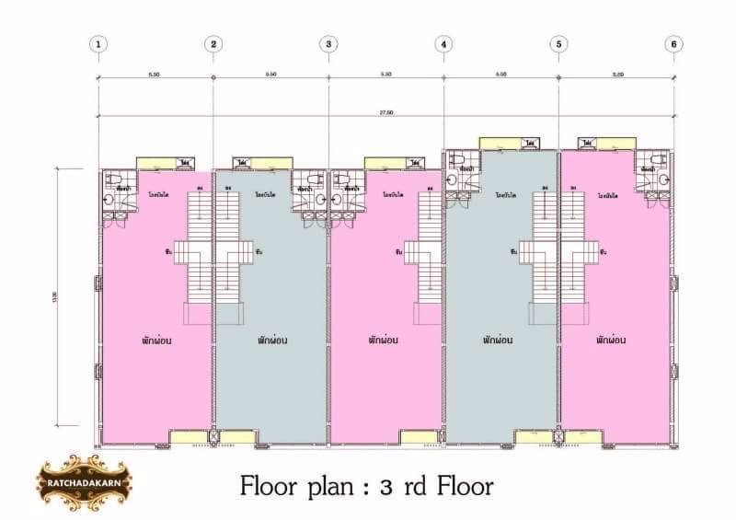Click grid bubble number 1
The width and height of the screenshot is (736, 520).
click(x=98, y=43)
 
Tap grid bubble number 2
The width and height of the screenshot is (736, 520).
click(x=213, y=43)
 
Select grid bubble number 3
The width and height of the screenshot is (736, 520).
click(x=329, y=43)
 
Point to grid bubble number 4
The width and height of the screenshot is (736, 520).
click(x=444, y=43)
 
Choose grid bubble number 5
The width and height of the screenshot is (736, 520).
click(x=559, y=43)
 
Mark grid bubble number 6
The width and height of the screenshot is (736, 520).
click(x=674, y=43)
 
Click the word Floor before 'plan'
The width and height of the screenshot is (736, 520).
click(x=270, y=484)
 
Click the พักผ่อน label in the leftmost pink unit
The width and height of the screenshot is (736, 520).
click(x=157, y=340)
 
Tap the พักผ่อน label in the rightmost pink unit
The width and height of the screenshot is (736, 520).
click(x=611, y=340)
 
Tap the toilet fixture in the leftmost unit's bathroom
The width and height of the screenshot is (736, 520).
click(x=115, y=179)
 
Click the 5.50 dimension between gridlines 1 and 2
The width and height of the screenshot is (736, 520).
click(x=155, y=74)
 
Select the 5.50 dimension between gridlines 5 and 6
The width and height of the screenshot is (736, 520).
click(x=615, y=74)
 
